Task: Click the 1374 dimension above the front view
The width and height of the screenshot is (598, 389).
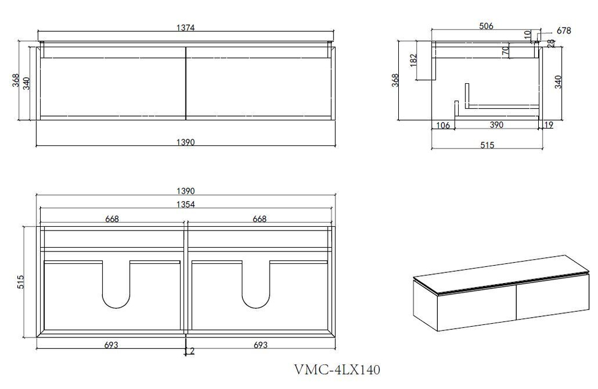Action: pos(186,28)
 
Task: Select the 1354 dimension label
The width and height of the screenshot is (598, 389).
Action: pos(186,204)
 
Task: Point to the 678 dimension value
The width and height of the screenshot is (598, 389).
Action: pos(563,31)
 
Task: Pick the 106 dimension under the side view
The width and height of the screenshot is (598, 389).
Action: pos(443,125)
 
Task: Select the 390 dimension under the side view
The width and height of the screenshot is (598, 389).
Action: pos(496,125)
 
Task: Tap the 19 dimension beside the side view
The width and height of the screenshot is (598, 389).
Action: pos(549,125)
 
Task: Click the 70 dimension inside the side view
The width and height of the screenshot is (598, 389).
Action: pos(505,51)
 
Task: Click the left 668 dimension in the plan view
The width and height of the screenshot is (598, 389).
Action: pos(111,218)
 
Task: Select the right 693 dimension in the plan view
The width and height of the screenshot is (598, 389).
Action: pos(260,345)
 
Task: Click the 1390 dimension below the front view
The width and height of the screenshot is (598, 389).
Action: pos(186,142)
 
